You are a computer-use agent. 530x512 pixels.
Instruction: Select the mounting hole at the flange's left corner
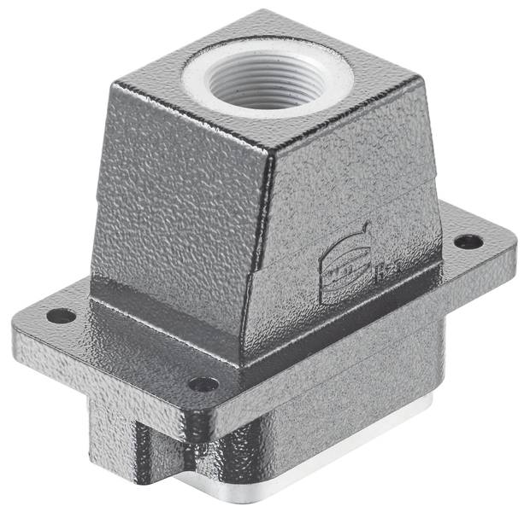61,316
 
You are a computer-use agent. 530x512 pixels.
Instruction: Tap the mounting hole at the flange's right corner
468,241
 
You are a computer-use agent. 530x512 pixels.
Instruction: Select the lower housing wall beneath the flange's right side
376,401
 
